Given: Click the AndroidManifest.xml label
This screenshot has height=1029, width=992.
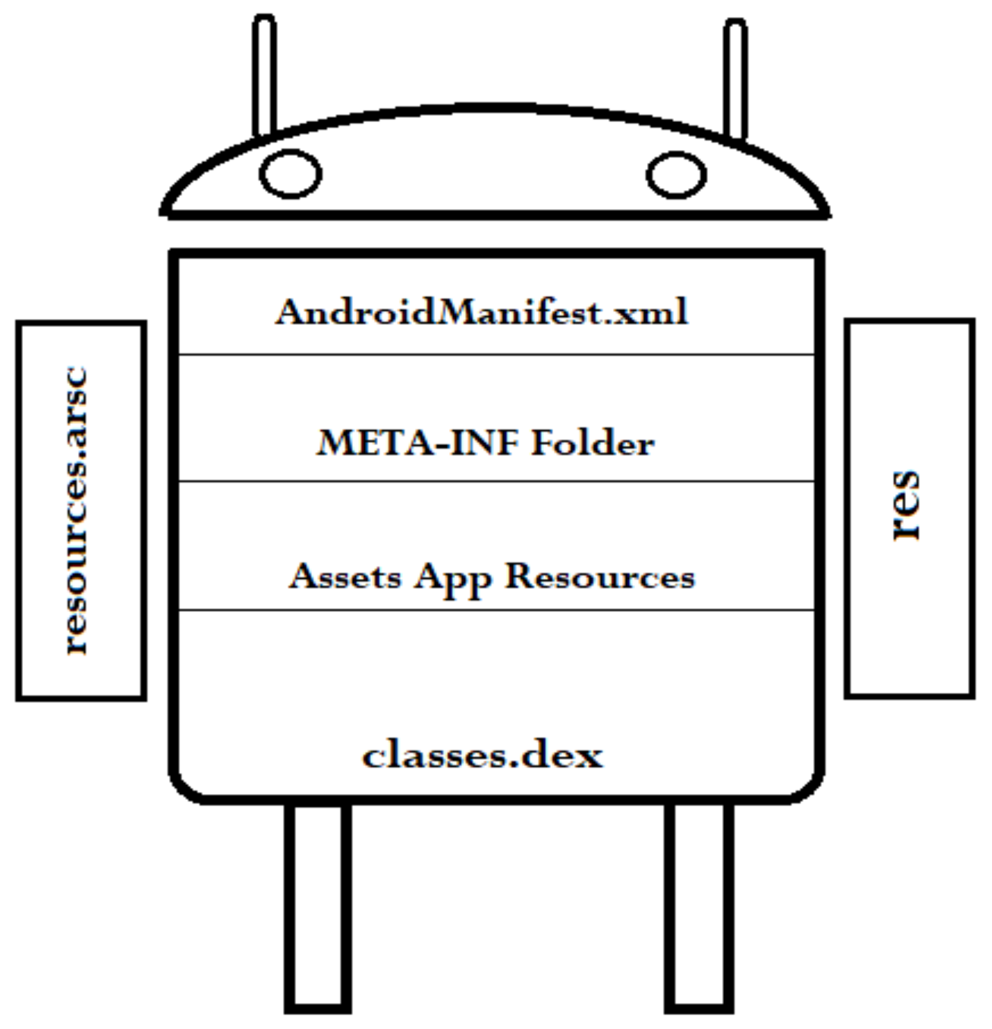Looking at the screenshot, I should click(x=481, y=313).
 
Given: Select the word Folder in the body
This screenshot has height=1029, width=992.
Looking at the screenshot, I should click(x=592, y=443).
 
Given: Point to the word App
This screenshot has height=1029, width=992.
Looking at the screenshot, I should click(x=453, y=578).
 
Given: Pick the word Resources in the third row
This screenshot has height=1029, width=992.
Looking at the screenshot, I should click(x=599, y=576).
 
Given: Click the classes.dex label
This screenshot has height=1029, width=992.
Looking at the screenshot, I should click(x=482, y=756).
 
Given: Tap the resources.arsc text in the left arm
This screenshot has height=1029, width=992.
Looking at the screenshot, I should click(x=77, y=510).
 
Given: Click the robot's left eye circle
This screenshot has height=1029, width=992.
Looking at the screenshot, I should click(x=290, y=174).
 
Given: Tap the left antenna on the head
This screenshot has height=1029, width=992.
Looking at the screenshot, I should click(x=265, y=74).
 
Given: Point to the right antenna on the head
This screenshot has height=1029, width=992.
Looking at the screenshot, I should click(x=735, y=77).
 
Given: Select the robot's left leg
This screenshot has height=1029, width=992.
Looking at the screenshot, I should click(x=318, y=905).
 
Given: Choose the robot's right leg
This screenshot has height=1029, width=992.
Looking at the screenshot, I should click(x=699, y=905).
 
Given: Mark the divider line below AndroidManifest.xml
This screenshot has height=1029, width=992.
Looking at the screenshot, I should click(x=496, y=355).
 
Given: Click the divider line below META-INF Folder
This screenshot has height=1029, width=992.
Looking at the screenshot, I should click(x=496, y=481).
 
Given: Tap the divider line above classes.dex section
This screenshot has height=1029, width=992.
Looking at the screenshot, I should click(x=496, y=610).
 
